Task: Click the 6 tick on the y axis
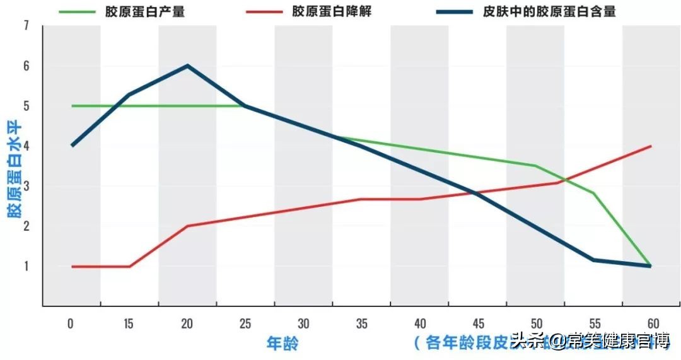click(26, 66)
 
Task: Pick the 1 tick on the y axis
click(26, 266)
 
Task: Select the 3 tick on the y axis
click(26, 186)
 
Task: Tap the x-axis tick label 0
click(71, 324)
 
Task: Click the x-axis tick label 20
click(187, 324)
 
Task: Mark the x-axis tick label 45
click(477, 324)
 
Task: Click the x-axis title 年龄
click(282, 344)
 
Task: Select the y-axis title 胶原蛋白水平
click(13, 168)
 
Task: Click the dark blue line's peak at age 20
click(187, 66)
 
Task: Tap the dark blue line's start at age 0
click(71, 146)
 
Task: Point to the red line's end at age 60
click(651, 146)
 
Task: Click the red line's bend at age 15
click(129, 266)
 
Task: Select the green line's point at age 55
click(593, 194)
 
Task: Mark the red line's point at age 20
click(187, 226)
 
